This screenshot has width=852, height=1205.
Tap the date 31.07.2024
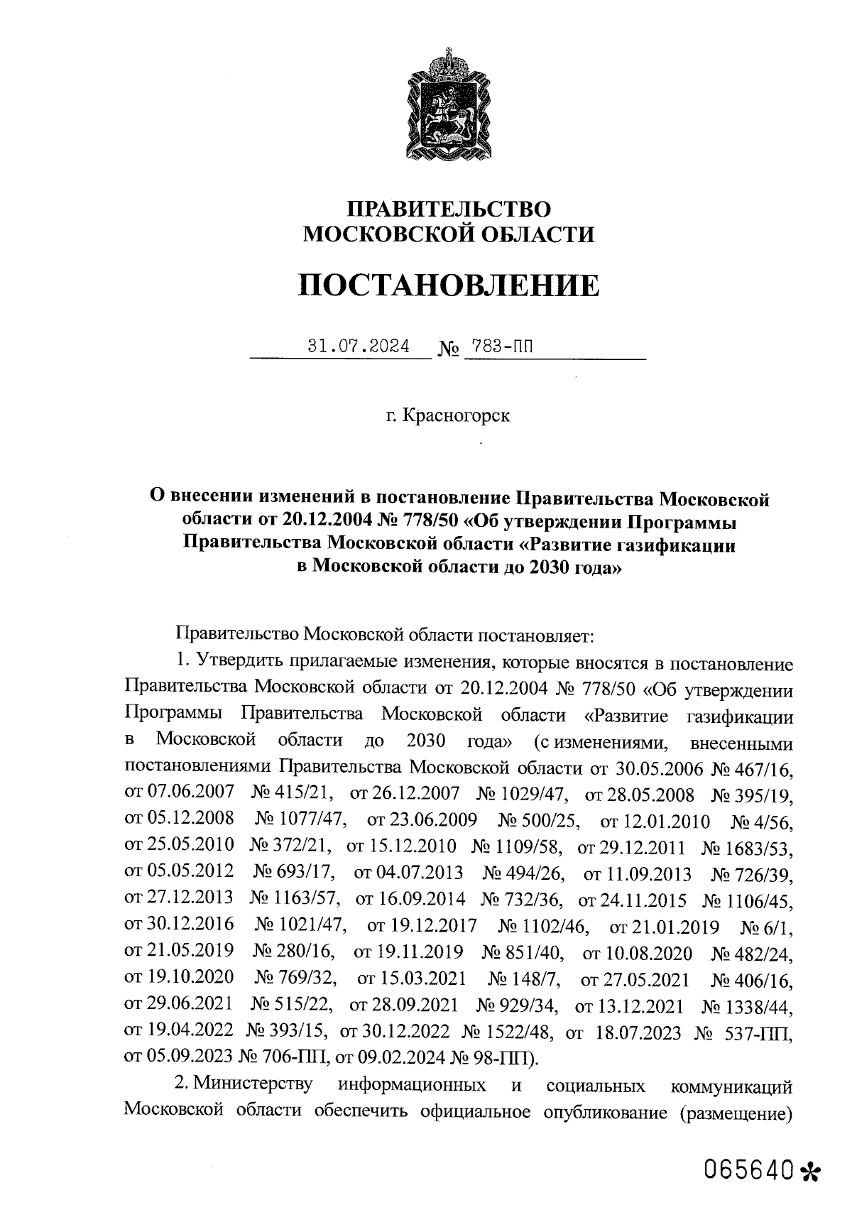click(358, 347)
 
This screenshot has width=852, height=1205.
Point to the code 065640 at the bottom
click(748, 1168)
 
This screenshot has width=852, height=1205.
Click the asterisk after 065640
click(809, 1169)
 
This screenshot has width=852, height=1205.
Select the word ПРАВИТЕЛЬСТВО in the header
click(449, 209)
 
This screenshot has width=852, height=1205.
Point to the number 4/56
click(772, 822)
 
